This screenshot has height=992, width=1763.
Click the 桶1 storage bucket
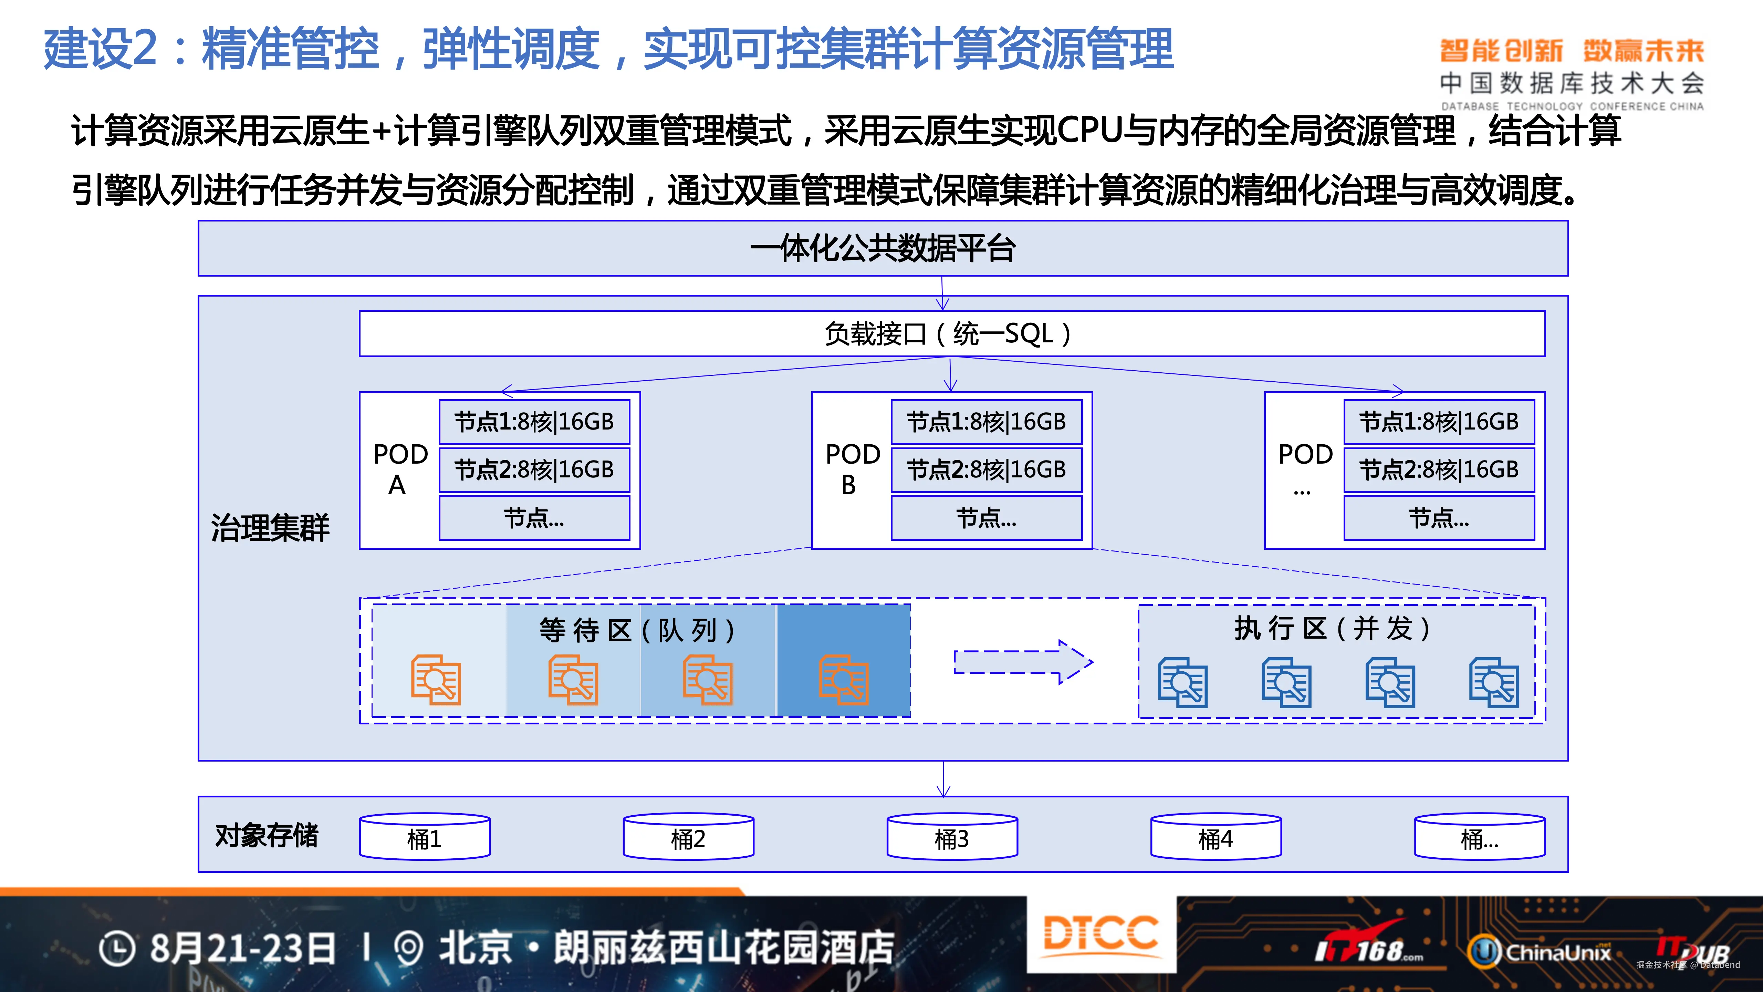424,837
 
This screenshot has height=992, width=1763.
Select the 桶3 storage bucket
952,837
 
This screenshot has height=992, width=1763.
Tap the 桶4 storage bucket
1216,837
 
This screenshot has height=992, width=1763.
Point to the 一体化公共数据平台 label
883,248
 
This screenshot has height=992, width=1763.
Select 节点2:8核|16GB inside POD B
986,469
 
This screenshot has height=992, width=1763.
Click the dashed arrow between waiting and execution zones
1023,662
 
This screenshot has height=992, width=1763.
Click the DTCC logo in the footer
1100,934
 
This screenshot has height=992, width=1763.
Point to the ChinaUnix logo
1540,952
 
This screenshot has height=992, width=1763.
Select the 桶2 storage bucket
688,837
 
